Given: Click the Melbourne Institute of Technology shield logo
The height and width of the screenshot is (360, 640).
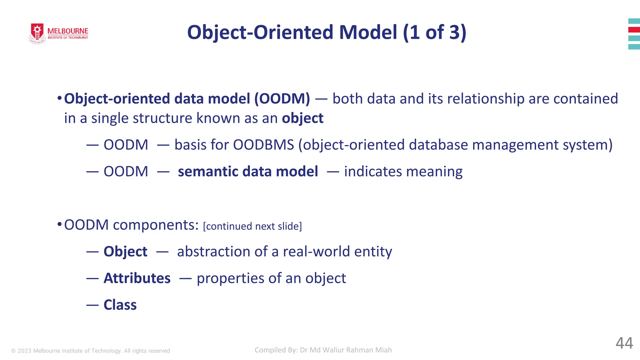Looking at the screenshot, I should [x=37, y=33].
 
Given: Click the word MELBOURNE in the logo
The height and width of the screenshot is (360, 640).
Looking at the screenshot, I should [x=68, y=31].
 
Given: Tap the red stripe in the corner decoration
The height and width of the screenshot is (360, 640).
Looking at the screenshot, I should [x=634, y=30].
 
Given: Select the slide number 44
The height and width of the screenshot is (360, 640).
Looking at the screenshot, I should [x=624, y=343].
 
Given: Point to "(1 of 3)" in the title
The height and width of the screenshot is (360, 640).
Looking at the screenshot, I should [x=434, y=32].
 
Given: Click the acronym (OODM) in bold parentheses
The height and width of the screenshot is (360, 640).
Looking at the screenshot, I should [x=282, y=99].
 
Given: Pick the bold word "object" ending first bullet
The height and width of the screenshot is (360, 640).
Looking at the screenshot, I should [x=302, y=118].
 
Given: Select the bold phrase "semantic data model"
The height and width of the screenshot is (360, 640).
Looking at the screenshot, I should [x=248, y=172].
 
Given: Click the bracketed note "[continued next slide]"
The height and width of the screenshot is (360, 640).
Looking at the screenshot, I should [x=252, y=226].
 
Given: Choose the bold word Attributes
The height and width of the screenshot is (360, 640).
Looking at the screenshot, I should [x=137, y=278].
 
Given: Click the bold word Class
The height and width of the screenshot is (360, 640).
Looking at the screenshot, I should [x=120, y=305].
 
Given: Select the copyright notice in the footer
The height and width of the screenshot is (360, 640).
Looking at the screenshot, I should [x=91, y=351].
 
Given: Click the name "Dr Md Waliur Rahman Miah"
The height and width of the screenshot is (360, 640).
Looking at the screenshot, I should [x=346, y=350].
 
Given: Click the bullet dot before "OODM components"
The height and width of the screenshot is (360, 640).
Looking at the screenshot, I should [x=59, y=224].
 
